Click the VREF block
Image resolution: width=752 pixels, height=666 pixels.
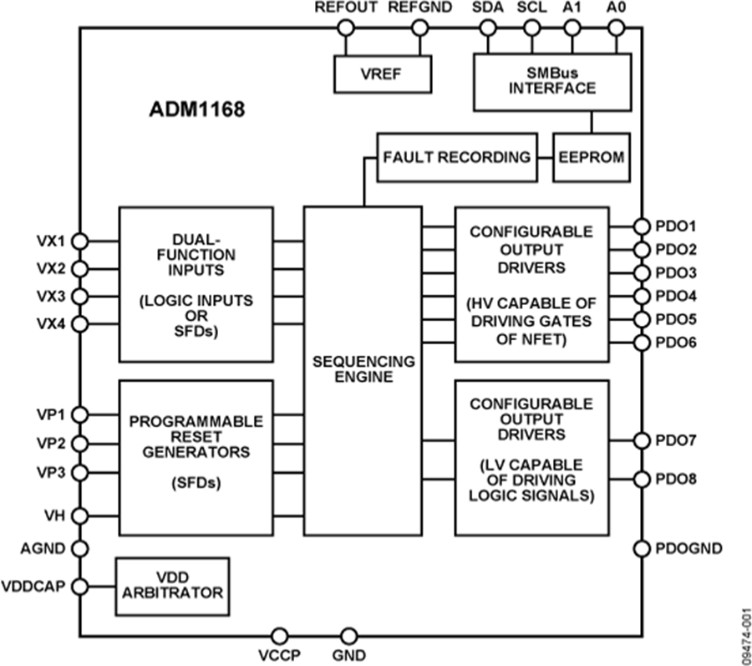[381, 74]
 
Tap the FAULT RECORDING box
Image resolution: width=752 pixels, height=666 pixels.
[456, 156]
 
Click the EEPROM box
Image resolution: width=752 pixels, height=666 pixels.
[592, 156]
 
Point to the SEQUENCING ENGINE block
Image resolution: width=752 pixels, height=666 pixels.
[363, 370]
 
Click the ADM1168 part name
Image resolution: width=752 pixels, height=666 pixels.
[193, 109]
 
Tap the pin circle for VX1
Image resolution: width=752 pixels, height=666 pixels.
[80, 241]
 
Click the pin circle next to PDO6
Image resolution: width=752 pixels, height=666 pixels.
[641, 343]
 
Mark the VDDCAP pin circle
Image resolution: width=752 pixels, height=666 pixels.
[80, 586]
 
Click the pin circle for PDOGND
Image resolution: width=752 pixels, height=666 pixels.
[641, 549]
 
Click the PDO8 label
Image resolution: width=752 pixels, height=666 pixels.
[676, 480]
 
